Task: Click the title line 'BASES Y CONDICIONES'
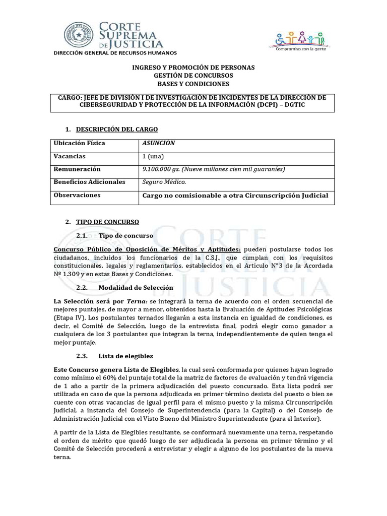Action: click(193, 83)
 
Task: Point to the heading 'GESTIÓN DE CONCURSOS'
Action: click(193, 75)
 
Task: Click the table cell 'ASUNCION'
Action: click(159, 143)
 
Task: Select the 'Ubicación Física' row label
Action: click(79, 143)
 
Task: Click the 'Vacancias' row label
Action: click(70, 156)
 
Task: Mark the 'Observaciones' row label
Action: click(77, 195)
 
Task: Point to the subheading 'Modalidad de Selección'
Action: click(136, 287)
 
